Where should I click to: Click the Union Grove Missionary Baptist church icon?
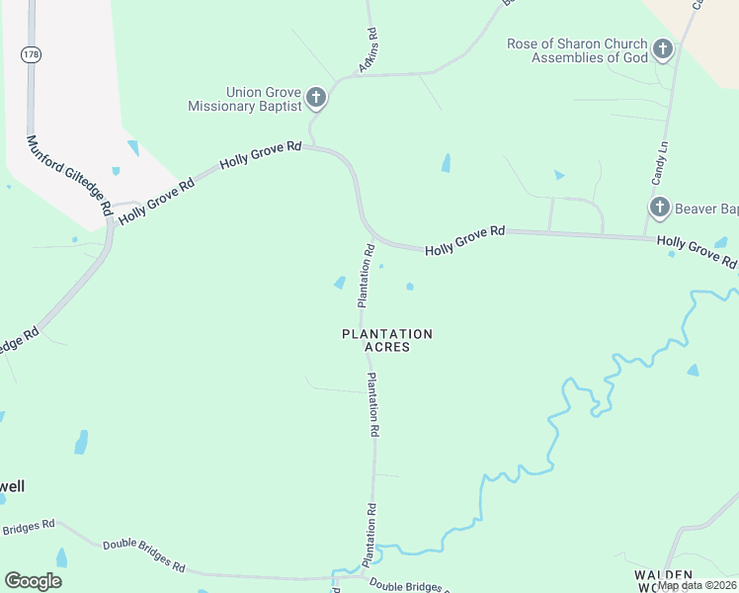pyautogui.click(x=316, y=97)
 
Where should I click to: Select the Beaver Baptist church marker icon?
pyautogui.click(x=660, y=208)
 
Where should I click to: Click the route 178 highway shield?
pyautogui.click(x=31, y=55)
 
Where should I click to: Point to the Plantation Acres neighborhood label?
pyautogui.click(x=387, y=341)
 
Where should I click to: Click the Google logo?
pyautogui.click(x=34, y=581)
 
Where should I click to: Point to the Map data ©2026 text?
pyautogui.click(x=697, y=585)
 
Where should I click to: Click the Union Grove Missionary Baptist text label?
pyautogui.click(x=250, y=99)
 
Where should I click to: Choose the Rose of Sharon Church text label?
pyautogui.click(x=577, y=50)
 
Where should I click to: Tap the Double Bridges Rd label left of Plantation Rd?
pyautogui.click(x=144, y=554)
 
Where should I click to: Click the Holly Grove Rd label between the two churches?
pyautogui.click(x=465, y=242)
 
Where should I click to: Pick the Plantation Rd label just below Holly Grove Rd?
pyautogui.click(x=366, y=274)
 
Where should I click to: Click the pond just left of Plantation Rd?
pyautogui.click(x=341, y=284)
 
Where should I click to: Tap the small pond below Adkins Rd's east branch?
pyautogui.click(x=446, y=163)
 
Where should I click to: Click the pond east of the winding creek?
pyautogui.click(x=692, y=371)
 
